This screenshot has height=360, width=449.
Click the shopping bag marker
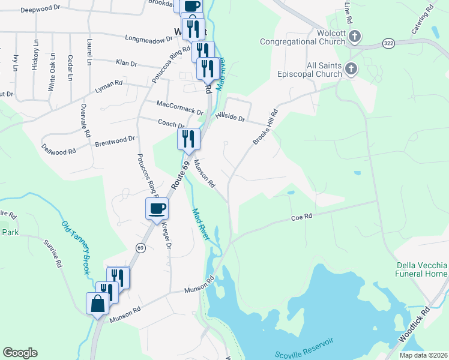pos(97,304)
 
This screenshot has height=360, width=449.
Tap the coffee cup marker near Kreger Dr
pos(157,209)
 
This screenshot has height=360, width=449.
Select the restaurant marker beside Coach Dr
pos(189,139)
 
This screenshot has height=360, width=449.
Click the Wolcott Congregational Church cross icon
pos(355,37)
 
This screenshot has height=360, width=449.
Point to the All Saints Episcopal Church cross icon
pos(350,70)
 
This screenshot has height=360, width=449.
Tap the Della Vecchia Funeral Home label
pos(422,269)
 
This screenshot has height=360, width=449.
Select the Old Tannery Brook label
pos(76,248)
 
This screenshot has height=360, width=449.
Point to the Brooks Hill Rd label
pos(265,127)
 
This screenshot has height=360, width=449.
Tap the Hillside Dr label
pos(231,117)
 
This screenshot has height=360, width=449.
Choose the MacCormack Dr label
pos(179,107)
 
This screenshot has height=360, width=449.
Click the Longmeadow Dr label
pos(148,38)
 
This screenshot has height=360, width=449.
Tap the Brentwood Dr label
pos(115,142)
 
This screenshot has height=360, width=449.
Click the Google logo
pos(20,353)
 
